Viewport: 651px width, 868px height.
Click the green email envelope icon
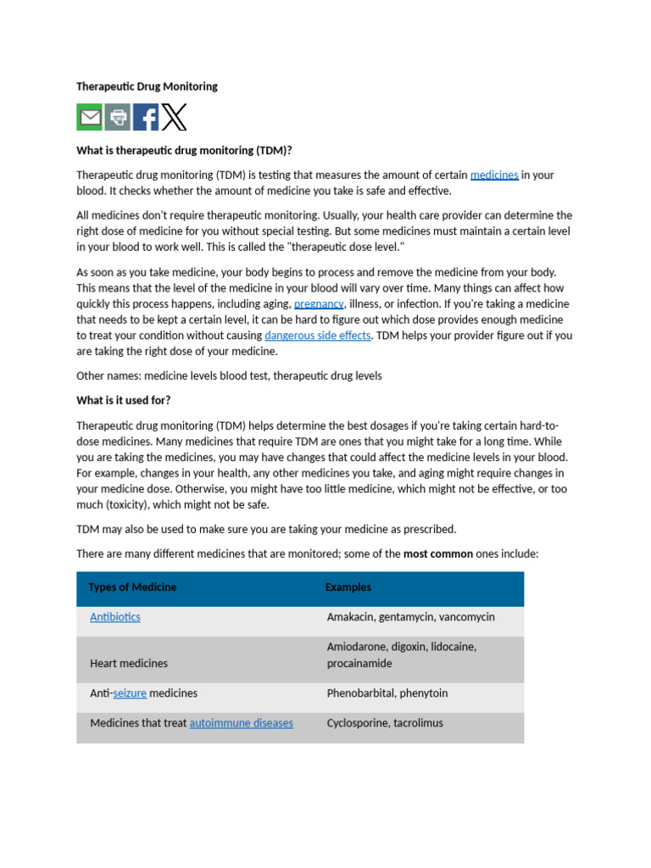pos(90,117)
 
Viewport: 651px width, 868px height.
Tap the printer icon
pos(118,117)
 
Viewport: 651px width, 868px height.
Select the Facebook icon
pos(146,117)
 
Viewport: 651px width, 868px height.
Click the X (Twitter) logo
pos(175,117)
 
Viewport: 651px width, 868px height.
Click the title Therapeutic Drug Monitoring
pos(147,86)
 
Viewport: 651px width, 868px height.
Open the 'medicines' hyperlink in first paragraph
pos(494,175)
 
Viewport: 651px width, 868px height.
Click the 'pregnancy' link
pos(319,303)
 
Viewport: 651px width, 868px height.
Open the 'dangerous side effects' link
pos(318,335)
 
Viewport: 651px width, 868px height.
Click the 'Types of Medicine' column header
pos(132,587)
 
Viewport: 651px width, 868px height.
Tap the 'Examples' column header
pos(348,587)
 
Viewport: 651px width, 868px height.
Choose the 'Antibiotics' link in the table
pos(115,617)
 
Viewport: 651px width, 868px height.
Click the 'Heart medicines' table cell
pos(129,663)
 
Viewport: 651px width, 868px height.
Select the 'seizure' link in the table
pos(130,693)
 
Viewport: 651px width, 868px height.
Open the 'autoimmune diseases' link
pos(242,723)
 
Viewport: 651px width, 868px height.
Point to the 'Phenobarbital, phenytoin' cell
pos(387,693)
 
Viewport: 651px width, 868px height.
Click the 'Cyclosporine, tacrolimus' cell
pos(383,723)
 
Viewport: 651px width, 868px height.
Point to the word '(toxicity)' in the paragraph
pos(131,504)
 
